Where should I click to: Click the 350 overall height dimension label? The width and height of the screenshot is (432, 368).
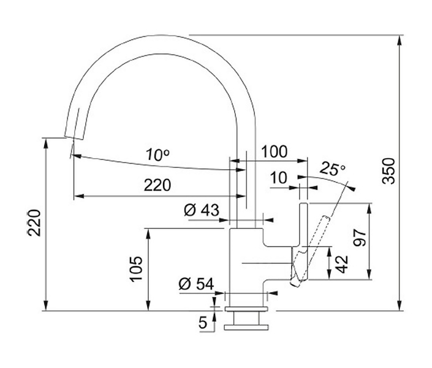coord(389,171)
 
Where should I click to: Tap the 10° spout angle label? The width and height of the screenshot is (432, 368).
coord(157,155)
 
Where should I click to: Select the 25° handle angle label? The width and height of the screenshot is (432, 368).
coord(333,169)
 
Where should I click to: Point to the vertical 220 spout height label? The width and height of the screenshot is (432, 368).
coord(34,223)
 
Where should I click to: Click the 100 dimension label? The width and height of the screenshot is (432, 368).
coord(274,151)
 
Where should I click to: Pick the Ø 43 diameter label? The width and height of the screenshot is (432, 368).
coord(202,210)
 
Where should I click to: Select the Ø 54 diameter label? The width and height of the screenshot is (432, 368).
coord(196,283)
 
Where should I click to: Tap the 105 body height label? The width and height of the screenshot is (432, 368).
coord(137,269)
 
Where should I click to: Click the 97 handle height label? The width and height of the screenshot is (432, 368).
coord(360,237)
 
